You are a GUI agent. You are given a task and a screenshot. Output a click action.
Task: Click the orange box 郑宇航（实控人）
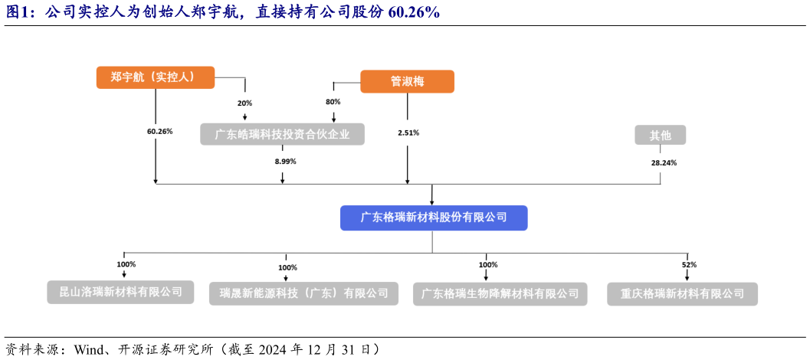point(155,77)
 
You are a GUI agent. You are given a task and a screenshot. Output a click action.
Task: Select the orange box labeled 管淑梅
point(407,82)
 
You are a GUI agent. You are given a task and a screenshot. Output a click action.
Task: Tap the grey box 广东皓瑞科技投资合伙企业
point(282,135)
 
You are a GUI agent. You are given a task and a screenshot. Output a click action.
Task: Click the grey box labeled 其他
point(660,136)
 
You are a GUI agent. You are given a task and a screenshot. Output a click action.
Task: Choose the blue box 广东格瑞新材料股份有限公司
point(434,218)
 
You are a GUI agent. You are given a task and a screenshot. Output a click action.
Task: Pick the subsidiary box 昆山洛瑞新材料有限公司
point(121,292)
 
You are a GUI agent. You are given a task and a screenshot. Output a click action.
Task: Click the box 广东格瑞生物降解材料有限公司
point(500,294)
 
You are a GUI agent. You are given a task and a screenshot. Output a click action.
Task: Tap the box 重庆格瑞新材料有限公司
point(682,294)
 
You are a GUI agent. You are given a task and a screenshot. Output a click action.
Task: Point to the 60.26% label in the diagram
point(159,131)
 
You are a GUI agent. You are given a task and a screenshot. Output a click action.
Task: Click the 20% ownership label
point(244,103)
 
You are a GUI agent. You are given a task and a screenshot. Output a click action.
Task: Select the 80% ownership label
point(333,102)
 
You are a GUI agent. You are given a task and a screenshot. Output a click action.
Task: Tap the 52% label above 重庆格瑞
point(689,264)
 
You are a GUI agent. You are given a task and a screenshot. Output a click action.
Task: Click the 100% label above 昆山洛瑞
point(126,264)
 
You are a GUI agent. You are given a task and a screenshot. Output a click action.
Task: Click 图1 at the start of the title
point(19,12)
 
